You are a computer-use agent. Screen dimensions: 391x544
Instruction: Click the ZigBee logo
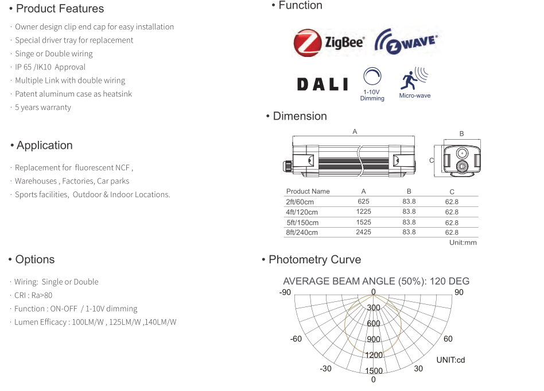click(x=329, y=43)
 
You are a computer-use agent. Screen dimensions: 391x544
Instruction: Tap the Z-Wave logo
click(x=406, y=43)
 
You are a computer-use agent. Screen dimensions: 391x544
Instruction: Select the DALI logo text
click(x=322, y=85)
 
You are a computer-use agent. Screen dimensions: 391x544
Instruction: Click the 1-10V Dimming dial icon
click(x=372, y=78)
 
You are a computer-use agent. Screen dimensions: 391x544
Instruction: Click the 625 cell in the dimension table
click(x=363, y=202)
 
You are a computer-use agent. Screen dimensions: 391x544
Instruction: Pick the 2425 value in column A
click(x=363, y=232)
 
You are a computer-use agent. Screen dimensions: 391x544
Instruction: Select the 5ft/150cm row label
click(x=302, y=223)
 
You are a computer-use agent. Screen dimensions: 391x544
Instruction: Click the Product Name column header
click(x=308, y=191)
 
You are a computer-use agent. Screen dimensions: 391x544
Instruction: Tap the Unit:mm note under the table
click(x=463, y=243)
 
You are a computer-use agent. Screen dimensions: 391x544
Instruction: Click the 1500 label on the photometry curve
click(x=374, y=371)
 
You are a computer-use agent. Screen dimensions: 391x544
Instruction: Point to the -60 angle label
click(x=296, y=339)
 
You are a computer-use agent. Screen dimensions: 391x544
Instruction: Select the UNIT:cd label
click(x=450, y=360)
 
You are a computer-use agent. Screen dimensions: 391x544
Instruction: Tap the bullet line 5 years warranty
click(x=43, y=108)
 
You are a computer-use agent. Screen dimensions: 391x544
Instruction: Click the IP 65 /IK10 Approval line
click(x=50, y=67)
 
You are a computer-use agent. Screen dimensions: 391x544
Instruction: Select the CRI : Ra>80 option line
click(x=33, y=296)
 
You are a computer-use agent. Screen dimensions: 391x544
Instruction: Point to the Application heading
click(x=44, y=145)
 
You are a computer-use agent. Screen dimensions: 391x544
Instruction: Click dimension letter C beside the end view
click(x=432, y=160)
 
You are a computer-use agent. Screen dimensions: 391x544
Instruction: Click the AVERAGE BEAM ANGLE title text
click(x=376, y=281)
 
